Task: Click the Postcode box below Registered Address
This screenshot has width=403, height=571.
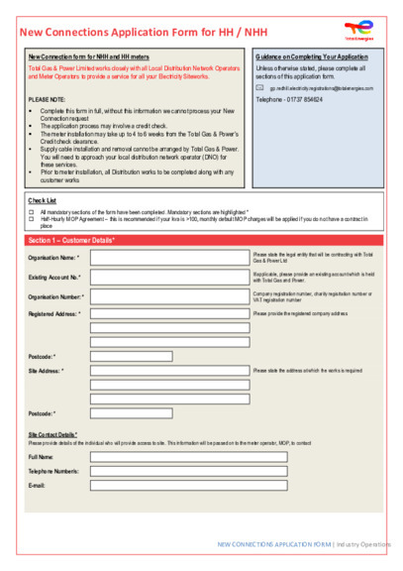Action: (131, 356)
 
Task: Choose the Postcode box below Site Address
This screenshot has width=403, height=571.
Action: (131, 413)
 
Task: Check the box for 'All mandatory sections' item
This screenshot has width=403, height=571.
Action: (31, 211)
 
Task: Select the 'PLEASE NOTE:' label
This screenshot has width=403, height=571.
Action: (49, 100)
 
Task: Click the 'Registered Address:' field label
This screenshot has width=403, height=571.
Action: (53, 313)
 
